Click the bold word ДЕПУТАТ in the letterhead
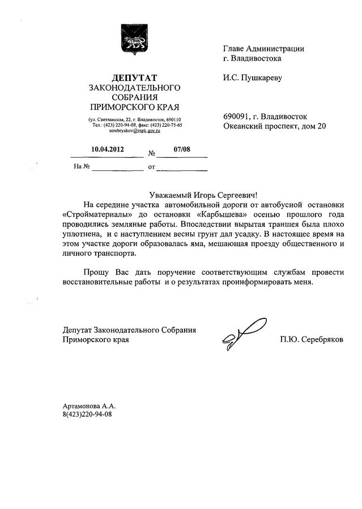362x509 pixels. [134, 77]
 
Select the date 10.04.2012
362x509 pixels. [107, 150]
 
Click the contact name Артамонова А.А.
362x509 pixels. [89, 406]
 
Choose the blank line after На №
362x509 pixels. [118, 167]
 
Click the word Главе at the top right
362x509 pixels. [235, 49]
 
